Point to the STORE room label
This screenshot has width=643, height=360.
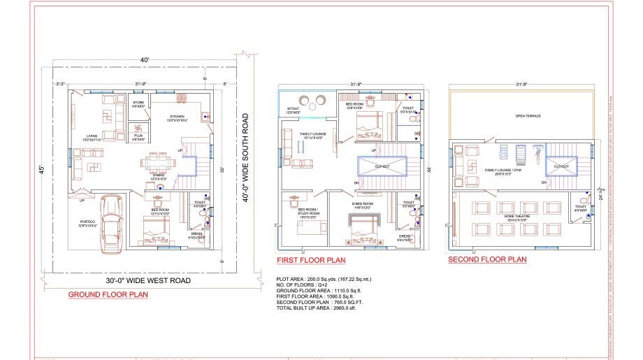click(138, 103)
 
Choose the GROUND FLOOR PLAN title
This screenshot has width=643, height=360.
click(108, 294)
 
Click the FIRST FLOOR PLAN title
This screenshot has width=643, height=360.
click(312, 259)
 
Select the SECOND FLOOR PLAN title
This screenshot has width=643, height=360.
click(487, 259)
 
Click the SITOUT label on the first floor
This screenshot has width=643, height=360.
click(294, 110)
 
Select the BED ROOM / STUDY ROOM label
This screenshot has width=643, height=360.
click(308, 213)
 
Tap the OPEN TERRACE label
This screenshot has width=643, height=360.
click(525, 116)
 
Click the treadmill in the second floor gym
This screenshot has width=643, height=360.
click(519, 153)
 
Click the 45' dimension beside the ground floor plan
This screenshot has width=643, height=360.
click(41, 170)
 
